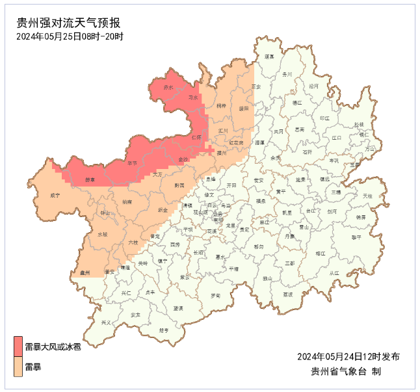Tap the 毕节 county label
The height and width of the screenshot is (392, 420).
[x=132, y=163]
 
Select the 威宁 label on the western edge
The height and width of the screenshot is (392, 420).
[x=55, y=195]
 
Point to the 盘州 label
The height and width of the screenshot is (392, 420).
[x=85, y=273]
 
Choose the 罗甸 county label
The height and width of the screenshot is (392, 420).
[x=215, y=296]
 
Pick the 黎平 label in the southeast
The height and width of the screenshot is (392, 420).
[x=356, y=237]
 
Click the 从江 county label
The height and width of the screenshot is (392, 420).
[x=334, y=273]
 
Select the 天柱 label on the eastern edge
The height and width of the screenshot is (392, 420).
[x=368, y=195]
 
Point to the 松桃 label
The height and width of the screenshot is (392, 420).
[x=360, y=124]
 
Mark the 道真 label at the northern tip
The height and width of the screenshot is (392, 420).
[x=269, y=57]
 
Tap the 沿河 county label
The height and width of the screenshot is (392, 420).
[x=314, y=86]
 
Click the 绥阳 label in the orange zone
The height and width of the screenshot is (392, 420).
[x=244, y=109]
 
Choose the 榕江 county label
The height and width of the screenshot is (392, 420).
[x=320, y=254]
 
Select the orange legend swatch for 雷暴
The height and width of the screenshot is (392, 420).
[x=18, y=367]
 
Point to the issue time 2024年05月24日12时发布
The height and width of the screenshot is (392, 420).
[x=348, y=356]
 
